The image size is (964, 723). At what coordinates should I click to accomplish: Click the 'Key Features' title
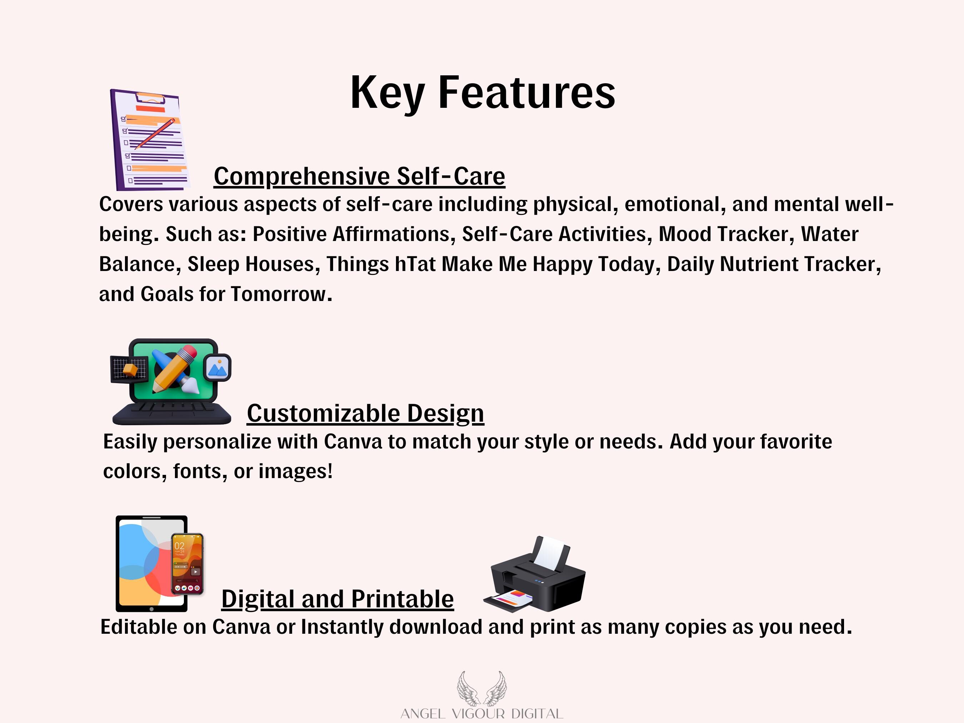point(483,93)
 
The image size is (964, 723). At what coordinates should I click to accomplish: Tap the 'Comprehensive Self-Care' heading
point(359,176)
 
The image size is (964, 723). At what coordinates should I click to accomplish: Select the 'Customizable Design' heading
point(365,413)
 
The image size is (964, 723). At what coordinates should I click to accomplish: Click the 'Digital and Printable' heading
point(337,598)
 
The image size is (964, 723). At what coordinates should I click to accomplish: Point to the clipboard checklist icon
point(150,140)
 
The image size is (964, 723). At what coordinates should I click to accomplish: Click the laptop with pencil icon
point(171,382)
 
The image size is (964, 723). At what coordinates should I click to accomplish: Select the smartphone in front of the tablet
point(187,564)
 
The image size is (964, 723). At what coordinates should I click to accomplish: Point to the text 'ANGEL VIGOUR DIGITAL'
point(482,714)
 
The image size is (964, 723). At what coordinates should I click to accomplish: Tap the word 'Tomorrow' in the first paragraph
point(278,294)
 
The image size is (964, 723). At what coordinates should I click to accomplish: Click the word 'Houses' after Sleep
point(280,264)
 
